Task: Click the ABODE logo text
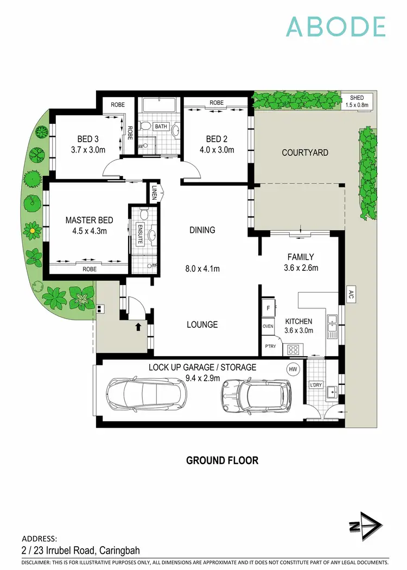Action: coord(335,27)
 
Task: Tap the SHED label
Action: coord(357,98)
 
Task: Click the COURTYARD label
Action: coord(304,153)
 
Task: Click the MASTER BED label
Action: coord(89,220)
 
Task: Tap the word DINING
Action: coord(202,230)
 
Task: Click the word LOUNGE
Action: coord(202,325)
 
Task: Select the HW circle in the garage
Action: coord(293,370)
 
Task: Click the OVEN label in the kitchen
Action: coord(268,327)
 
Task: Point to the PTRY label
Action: coord(270,346)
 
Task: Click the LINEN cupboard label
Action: coord(155,193)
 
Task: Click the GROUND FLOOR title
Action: coord(222,460)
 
